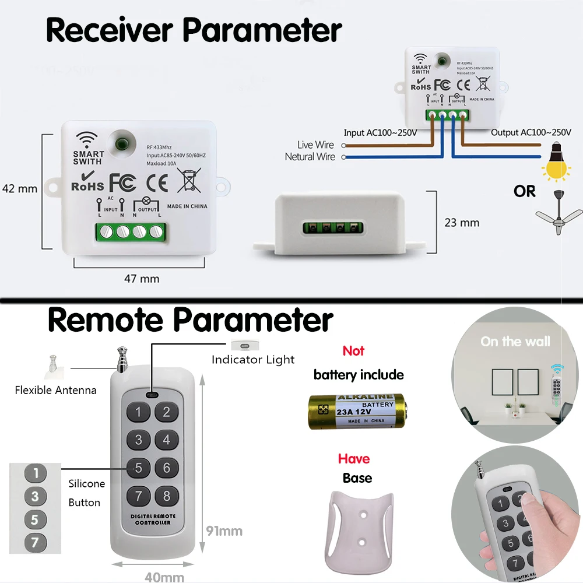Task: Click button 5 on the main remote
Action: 138,467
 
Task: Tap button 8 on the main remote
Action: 166,496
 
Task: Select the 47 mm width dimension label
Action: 141,279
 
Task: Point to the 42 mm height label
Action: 20,188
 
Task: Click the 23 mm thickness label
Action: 462,222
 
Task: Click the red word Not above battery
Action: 353,351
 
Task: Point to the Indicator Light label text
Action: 253,360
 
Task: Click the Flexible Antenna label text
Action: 55,390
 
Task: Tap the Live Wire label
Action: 315,145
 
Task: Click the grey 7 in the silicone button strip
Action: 35,543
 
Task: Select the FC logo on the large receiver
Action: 123,182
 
